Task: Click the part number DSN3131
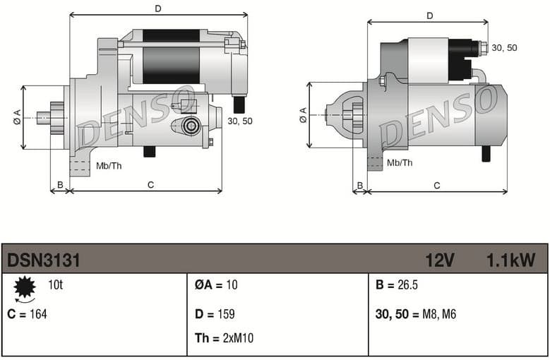pyautogui.click(x=43, y=260)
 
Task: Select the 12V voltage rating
pyautogui.click(x=439, y=260)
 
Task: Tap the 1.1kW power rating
pyautogui.click(x=510, y=260)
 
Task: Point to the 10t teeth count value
pyautogui.click(x=55, y=285)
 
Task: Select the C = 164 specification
pyautogui.click(x=27, y=314)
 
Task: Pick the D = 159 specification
pyautogui.click(x=215, y=314)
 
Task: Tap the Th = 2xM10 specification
pyautogui.click(x=224, y=338)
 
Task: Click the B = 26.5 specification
pyautogui.click(x=397, y=285)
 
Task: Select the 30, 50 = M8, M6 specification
pyautogui.click(x=416, y=314)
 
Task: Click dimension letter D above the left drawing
pyautogui.click(x=158, y=8)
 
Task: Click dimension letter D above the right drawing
pyautogui.click(x=429, y=16)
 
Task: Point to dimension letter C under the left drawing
pyautogui.click(x=150, y=185)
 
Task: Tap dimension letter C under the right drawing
pyautogui.click(x=436, y=186)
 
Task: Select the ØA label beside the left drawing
pyautogui.click(x=16, y=118)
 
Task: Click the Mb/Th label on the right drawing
pyautogui.click(x=400, y=162)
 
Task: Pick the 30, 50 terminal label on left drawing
pyautogui.click(x=240, y=121)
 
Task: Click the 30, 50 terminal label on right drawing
pyautogui.click(x=504, y=47)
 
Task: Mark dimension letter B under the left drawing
pyautogui.click(x=60, y=185)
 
